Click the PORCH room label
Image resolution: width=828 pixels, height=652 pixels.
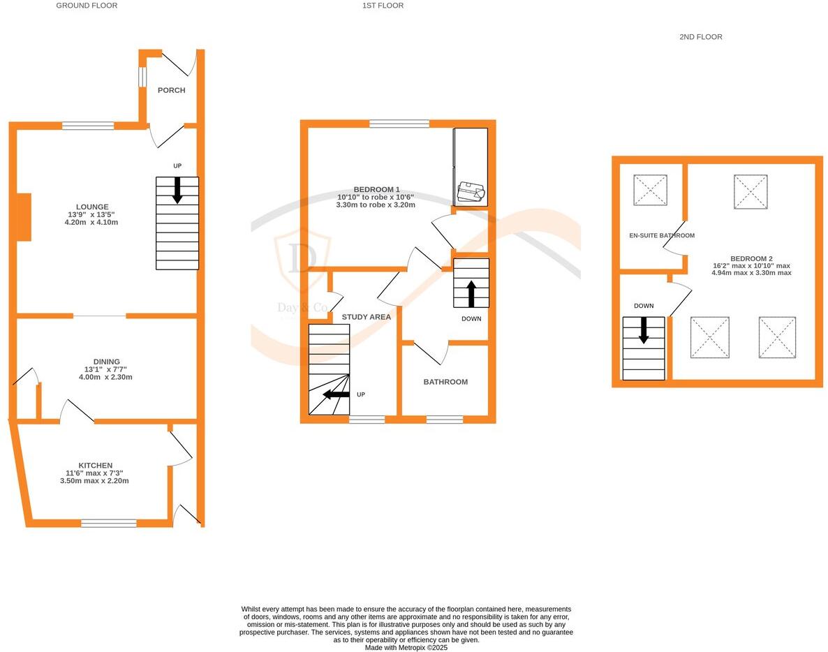(x=171, y=90)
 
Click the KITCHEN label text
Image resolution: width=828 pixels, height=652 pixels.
(x=95, y=466)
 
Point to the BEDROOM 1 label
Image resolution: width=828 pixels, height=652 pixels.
(x=376, y=190)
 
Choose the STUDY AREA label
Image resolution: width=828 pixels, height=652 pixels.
(x=366, y=317)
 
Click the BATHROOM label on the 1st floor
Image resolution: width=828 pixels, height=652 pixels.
(x=445, y=382)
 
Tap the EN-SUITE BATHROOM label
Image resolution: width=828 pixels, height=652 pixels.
(x=651, y=236)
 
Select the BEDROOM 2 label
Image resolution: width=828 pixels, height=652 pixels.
(x=751, y=258)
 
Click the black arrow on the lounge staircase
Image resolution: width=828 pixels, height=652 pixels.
(x=177, y=190)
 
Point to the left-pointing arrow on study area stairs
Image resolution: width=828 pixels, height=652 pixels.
(x=336, y=394)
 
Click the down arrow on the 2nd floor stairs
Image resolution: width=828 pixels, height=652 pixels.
(x=644, y=329)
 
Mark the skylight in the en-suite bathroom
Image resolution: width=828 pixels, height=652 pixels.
(x=650, y=190)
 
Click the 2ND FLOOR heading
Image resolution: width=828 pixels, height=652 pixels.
(x=700, y=37)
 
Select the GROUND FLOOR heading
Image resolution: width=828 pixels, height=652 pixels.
(x=87, y=6)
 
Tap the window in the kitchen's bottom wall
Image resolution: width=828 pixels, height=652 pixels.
(x=108, y=523)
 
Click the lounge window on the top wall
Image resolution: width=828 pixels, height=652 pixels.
(x=88, y=126)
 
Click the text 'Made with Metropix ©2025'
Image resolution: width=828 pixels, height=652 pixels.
(x=406, y=648)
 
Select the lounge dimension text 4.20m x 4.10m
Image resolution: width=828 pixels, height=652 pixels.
(x=93, y=223)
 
